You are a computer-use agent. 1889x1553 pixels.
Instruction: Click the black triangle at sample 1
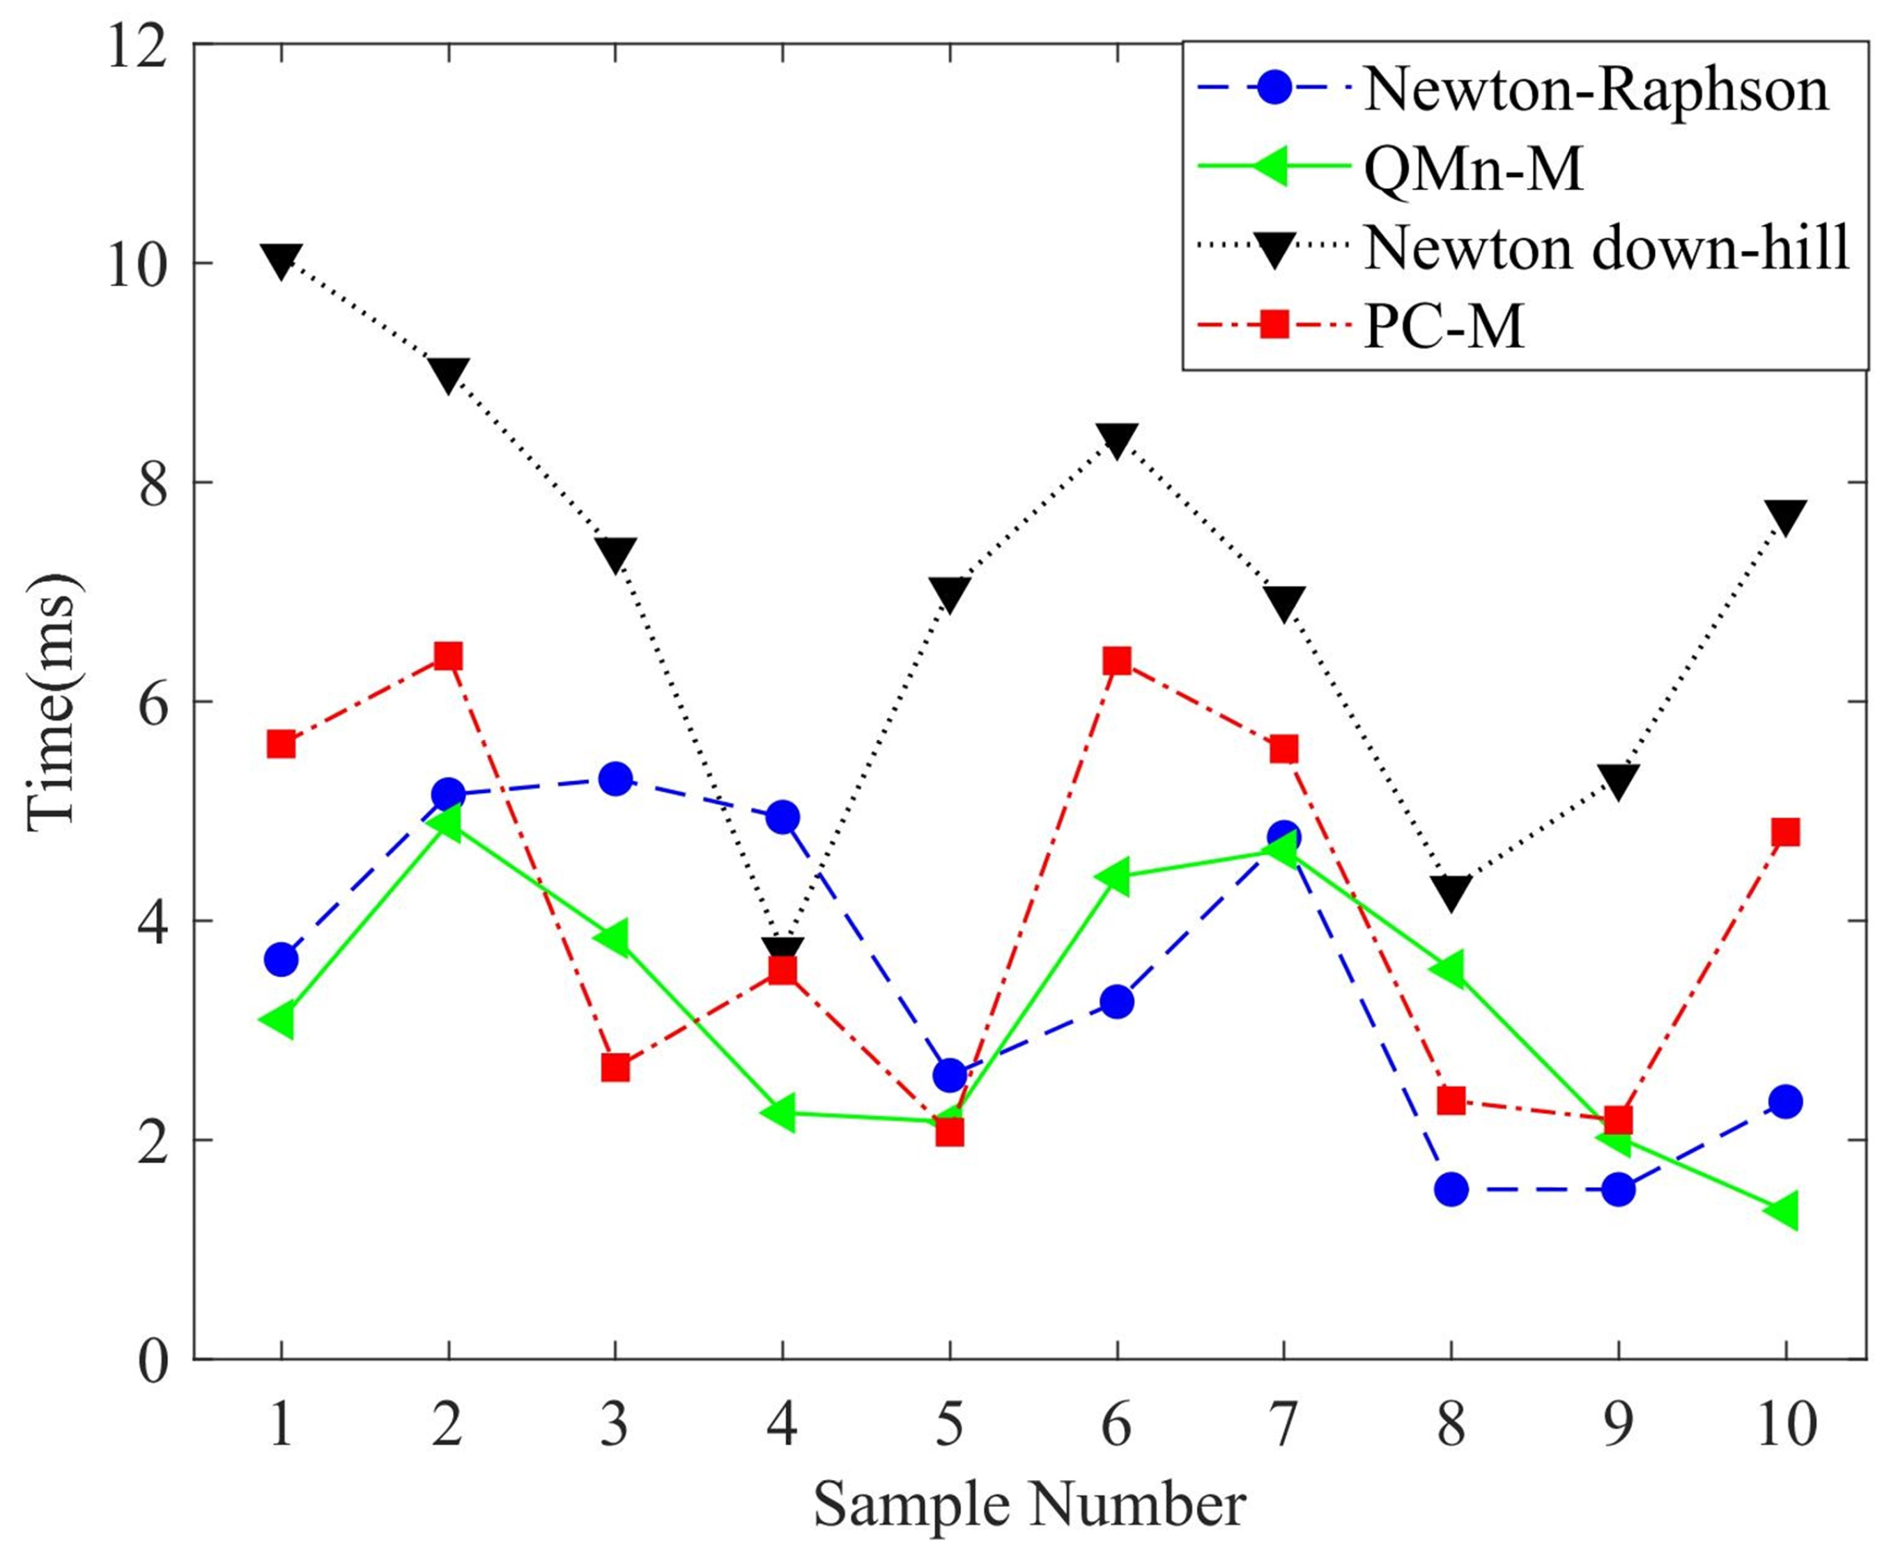tap(281, 261)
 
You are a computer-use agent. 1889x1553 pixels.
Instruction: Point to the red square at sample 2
tap(448, 656)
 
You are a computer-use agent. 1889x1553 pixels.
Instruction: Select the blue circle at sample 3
tap(615, 778)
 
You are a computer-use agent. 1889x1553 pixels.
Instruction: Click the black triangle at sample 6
tap(1117, 438)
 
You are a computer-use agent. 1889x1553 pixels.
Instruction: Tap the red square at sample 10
tap(1785, 832)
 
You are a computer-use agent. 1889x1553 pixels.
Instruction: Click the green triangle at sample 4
tap(781, 1113)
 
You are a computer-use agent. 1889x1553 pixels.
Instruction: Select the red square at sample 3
tap(615, 1067)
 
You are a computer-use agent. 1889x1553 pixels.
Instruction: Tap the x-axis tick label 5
tap(949, 1423)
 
